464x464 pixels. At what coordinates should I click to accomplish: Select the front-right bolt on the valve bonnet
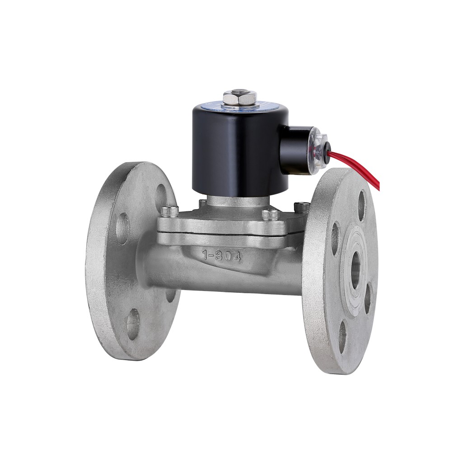[270, 214]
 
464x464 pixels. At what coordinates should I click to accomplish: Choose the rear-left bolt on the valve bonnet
[202, 202]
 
